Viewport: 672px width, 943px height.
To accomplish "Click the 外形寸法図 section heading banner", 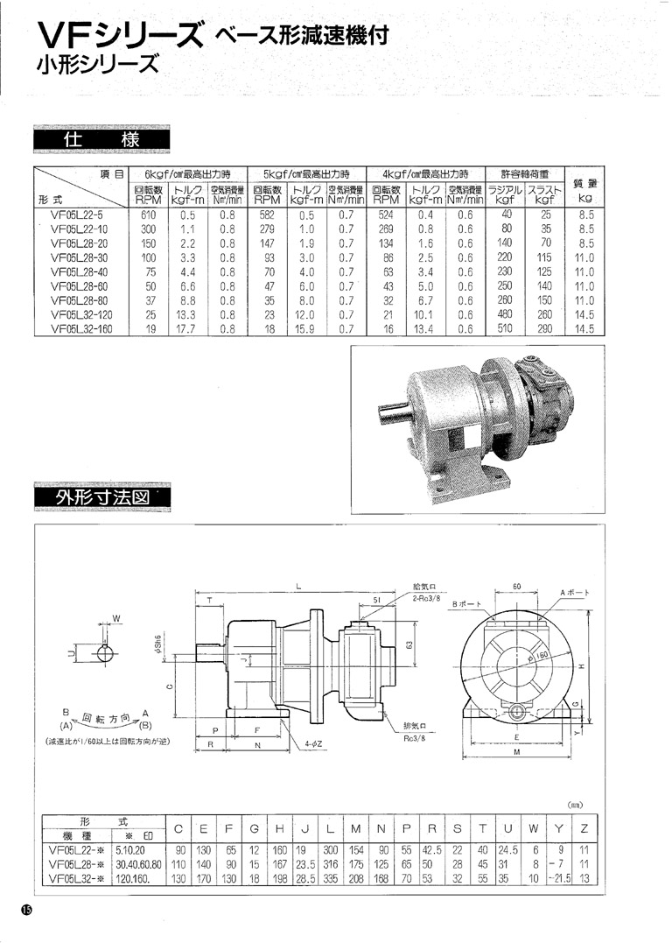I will [x=101, y=496].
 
